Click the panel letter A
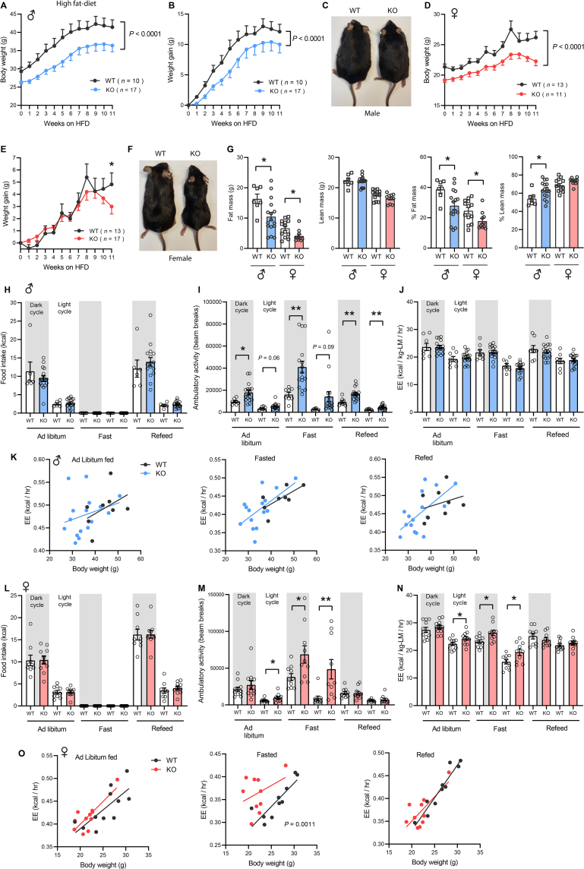point(5,6)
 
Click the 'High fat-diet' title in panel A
point(57,5)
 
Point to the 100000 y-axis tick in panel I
point(220,282)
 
